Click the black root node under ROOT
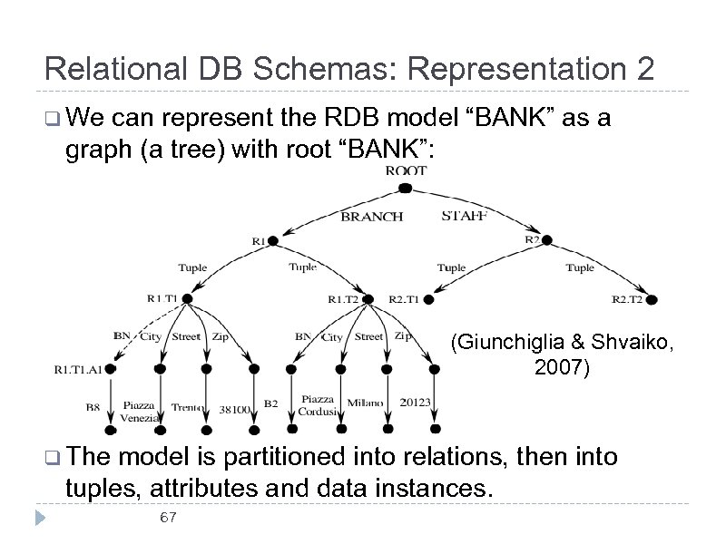pyautogui.click(x=406, y=189)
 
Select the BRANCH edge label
pyautogui.click(x=371, y=217)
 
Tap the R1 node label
pyautogui.click(x=259, y=241)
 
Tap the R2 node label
pyautogui.click(x=533, y=239)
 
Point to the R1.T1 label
pyautogui.click(x=163, y=297)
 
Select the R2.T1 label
pyautogui.click(x=405, y=297)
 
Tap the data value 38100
pyautogui.click(x=235, y=410)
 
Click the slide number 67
pyautogui.click(x=167, y=518)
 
